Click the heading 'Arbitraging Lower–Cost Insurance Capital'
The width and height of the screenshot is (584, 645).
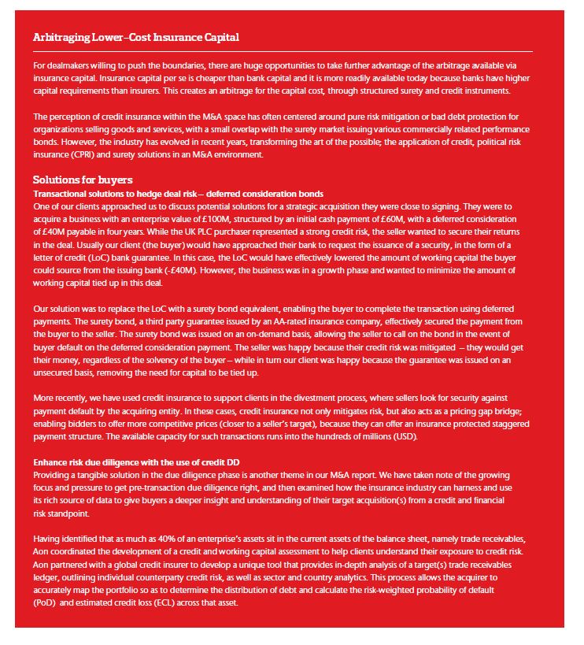pyautogui.click(x=136, y=38)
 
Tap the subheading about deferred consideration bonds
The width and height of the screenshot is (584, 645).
pyautogui.click(x=178, y=193)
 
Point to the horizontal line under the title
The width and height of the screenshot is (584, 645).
pyautogui.click(x=283, y=52)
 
